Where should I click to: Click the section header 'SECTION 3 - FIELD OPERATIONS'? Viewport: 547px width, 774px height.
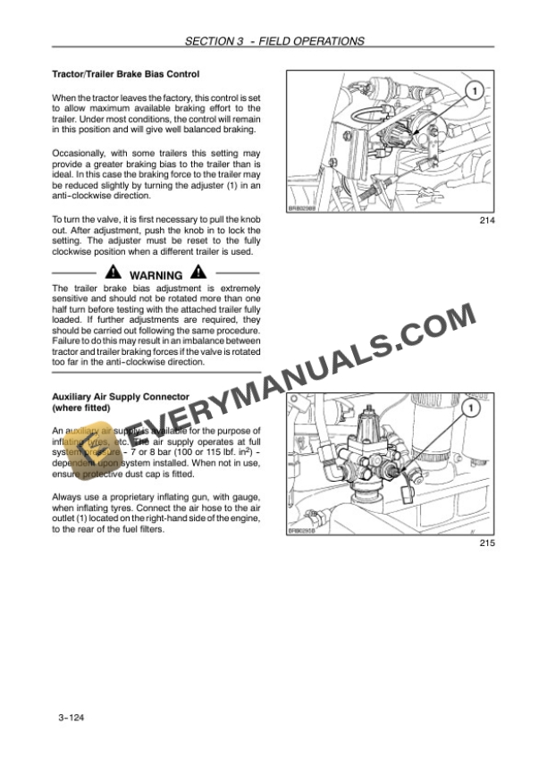click(273, 41)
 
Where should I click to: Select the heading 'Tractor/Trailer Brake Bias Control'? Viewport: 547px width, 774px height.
click(125, 74)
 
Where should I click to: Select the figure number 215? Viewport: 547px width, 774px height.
click(485, 543)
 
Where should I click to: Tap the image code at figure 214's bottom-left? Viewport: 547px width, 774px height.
click(303, 207)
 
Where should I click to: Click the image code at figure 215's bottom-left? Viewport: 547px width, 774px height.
click(303, 530)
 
